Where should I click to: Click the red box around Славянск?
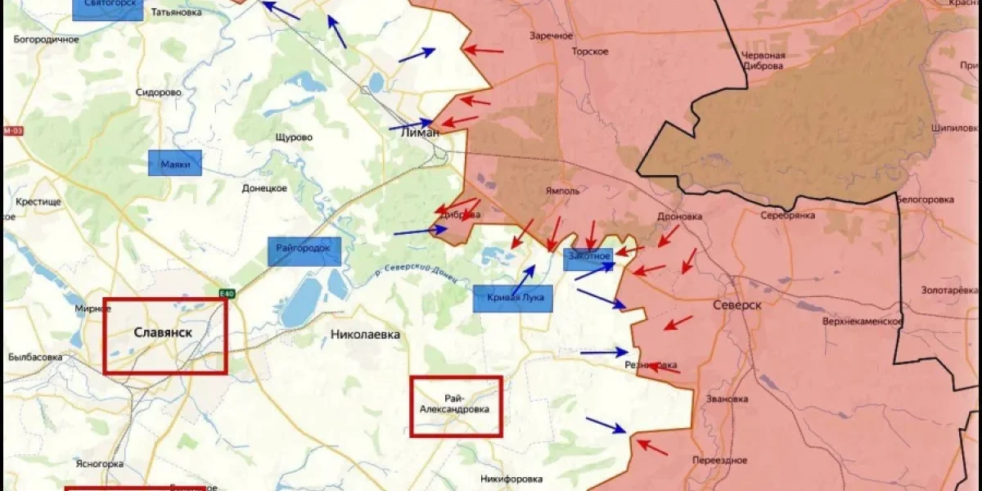165,336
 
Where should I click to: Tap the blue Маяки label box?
174,164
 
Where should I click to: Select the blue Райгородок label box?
304,251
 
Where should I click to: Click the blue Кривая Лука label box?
513,298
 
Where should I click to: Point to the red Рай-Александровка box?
456,406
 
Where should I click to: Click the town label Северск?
737,304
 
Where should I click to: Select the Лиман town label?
420,133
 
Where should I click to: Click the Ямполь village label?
562,191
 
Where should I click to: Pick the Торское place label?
590,52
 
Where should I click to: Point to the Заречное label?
551,36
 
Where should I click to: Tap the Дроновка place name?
679,217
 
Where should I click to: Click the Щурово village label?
294,137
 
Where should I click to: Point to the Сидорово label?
159,92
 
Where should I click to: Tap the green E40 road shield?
227,294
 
